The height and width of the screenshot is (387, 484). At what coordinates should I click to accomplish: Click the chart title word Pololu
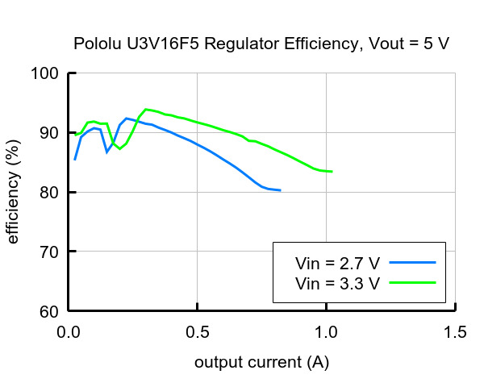pos(97,44)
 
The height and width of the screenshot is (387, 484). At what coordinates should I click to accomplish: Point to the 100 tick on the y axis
pos(47,73)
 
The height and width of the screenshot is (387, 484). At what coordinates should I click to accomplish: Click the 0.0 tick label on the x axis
pos(69,331)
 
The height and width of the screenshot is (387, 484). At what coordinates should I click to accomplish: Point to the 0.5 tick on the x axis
pos(198,331)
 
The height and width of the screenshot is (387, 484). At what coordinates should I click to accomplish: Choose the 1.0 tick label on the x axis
pos(327,331)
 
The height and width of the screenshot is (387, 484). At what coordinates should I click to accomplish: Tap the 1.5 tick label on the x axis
pos(455,331)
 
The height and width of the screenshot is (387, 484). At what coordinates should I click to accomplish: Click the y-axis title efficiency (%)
pos(13,192)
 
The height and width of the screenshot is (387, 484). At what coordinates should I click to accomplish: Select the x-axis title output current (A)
pos(261,363)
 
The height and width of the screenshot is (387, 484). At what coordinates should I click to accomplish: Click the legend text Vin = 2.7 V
pos(338,263)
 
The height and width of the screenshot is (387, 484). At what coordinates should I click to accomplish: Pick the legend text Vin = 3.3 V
pos(338,283)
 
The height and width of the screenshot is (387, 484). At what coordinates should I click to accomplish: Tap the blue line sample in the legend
pos(411,263)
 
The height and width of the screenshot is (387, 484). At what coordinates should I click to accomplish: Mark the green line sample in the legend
pos(411,283)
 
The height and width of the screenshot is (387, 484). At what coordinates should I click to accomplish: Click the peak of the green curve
pos(146,109)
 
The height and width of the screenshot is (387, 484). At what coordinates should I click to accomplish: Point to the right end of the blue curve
pos(280,190)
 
